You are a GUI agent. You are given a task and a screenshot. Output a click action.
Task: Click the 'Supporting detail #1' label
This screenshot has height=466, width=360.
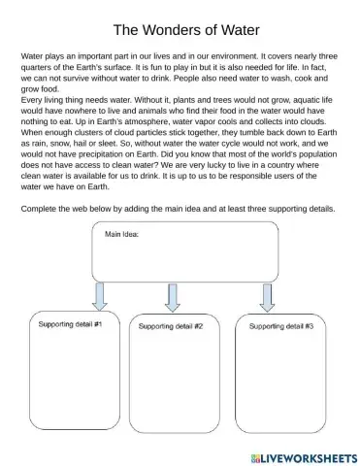[71, 323]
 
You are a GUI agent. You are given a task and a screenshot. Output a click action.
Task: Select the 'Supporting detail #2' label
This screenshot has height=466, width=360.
[171, 326]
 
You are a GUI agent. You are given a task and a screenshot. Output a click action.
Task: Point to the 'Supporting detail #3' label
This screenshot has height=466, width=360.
[281, 326]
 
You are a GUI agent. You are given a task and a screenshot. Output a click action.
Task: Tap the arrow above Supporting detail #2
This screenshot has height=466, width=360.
[173, 297]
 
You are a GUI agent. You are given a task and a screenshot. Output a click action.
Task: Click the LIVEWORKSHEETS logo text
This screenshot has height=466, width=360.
[306, 456]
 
